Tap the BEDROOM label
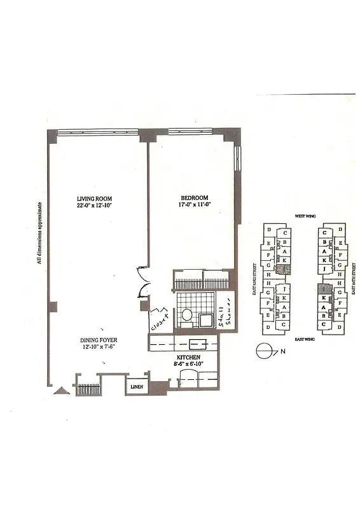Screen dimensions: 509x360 coord(193,197)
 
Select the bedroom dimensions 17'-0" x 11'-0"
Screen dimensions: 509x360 coord(193,205)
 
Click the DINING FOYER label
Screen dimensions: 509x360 coord(99,340)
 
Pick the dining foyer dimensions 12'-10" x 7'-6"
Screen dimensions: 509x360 coord(99,348)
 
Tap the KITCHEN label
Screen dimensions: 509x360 coord(189,358)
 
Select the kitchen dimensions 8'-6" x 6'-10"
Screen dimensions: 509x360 coord(189,365)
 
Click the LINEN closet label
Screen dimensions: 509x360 coord(136,387)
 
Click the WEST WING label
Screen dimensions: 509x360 coord(305,216)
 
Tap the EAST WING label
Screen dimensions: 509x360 coord(305,340)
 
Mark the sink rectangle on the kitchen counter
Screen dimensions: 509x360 coord(194,346)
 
